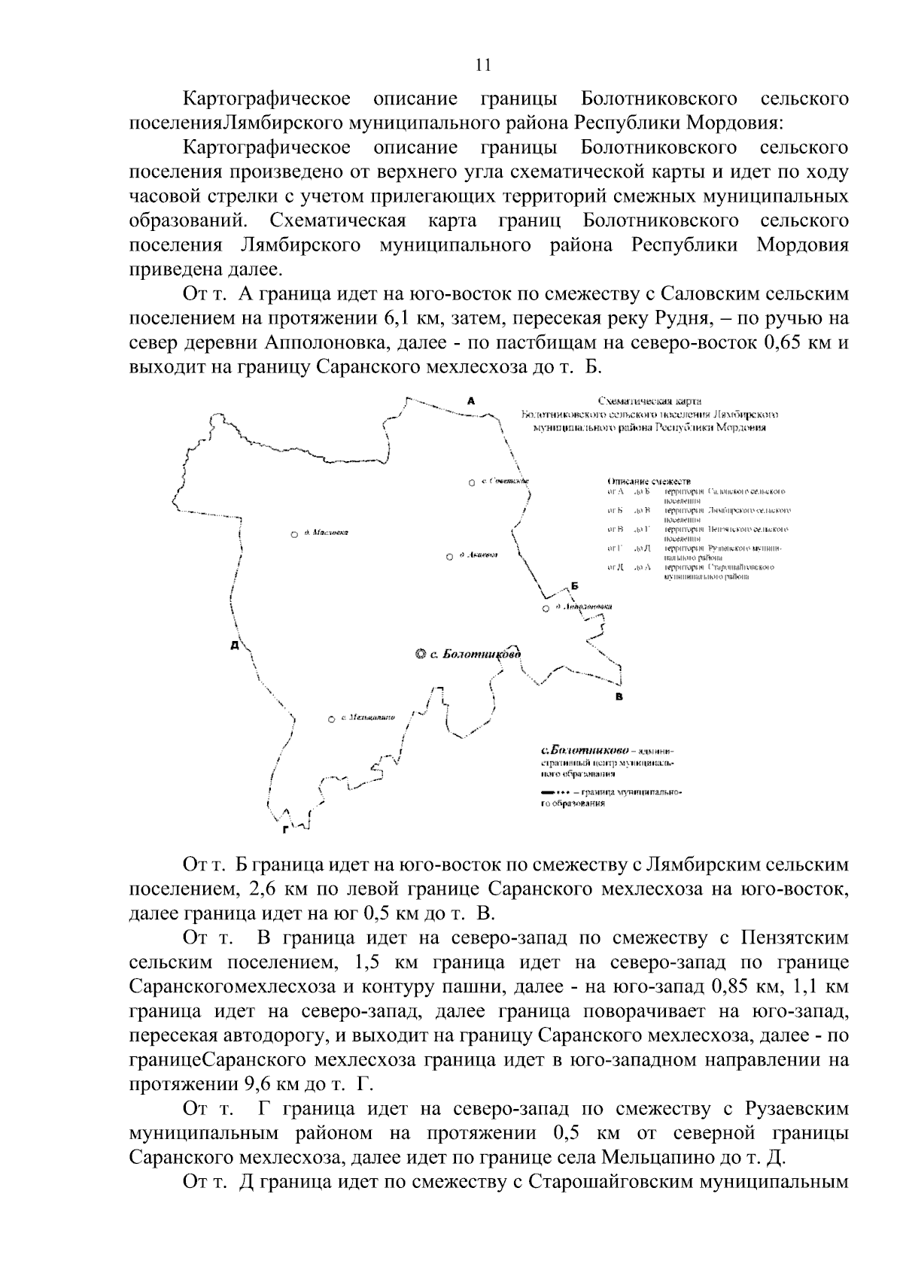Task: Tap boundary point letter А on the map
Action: (471, 400)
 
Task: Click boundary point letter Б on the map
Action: (574, 586)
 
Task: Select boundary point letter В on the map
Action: (619, 696)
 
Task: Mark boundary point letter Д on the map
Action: (235, 646)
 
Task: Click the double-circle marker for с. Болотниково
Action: (420, 655)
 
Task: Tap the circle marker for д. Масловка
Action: (293, 535)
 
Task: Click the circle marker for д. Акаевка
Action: (449, 557)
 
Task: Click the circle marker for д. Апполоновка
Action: (546, 609)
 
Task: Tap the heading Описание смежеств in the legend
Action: (648, 480)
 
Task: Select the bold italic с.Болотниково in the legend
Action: (585, 751)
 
